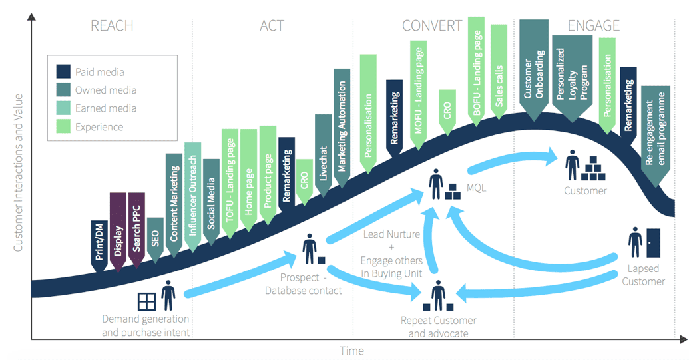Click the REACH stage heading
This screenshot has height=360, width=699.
pyautogui.click(x=112, y=26)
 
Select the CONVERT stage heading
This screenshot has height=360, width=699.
pyautogui.click(x=431, y=26)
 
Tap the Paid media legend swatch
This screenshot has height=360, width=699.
pyautogui.click(x=64, y=72)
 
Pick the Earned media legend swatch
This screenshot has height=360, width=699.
pyautogui.click(x=64, y=108)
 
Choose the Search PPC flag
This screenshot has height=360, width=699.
pyautogui.click(x=136, y=230)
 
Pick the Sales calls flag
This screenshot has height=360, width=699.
pyautogui.click(x=499, y=73)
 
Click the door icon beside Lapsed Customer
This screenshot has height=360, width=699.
pyautogui.click(x=653, y=242)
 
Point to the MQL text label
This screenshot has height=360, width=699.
pyautogui.click(x=476, y=188)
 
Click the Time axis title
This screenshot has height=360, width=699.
pyautogui.click(x=352, y=350)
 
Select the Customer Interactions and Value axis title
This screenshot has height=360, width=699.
pyautogui.click(x=19, y=172)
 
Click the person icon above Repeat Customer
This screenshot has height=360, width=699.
pyautogui.click(x=438, y=295)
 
